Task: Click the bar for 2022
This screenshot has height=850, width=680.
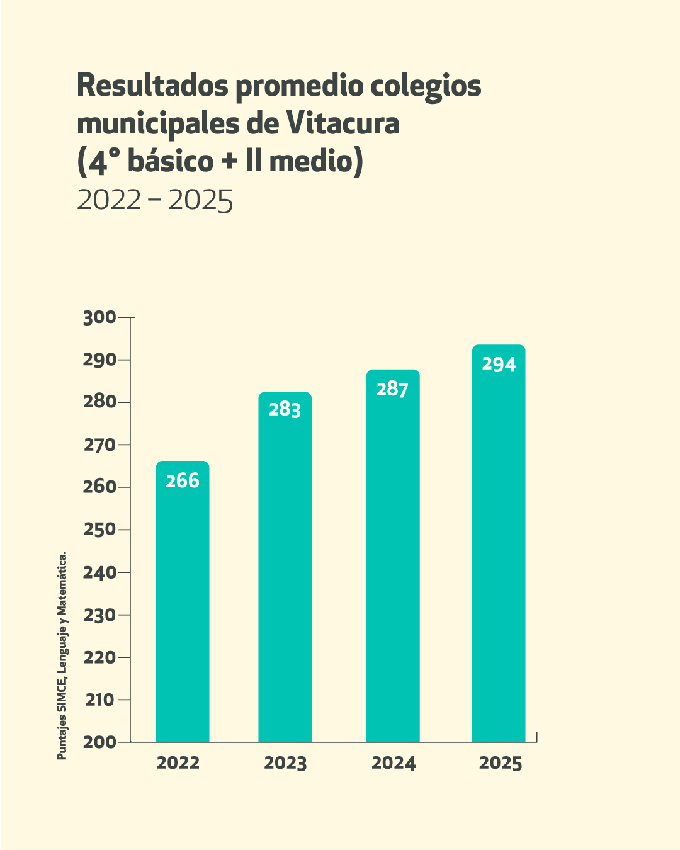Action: point(183,604)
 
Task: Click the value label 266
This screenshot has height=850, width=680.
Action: point(183,481)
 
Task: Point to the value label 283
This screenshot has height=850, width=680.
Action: point(285,410)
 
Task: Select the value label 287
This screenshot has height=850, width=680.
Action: point(392,389)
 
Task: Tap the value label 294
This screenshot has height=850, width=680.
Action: point(499,365)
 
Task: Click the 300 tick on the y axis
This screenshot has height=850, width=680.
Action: point(99,317)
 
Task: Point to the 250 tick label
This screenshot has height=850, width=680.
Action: point(99,530)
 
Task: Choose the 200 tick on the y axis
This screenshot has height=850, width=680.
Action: point(99,742)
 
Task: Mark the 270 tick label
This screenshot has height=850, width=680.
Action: point(99,445)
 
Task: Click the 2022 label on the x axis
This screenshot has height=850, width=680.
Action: point(178,763)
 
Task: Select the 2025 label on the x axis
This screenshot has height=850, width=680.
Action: point(501,763)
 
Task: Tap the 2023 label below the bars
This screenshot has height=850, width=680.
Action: point(285,763)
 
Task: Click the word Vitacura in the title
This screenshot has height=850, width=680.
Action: point(343,123)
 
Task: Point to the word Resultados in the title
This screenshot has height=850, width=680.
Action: point(152,86)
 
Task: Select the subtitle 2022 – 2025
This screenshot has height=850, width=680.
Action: point(155,200)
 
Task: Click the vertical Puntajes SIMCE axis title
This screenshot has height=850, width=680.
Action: point(62,656)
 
